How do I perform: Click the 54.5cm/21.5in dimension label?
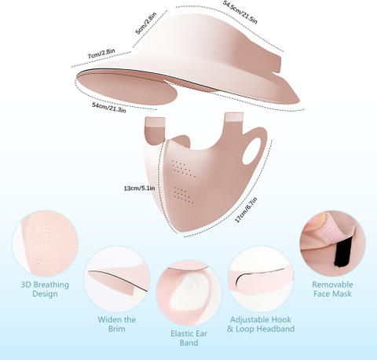[x=240, y=12]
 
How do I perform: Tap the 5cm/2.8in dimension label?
[x=146, y=23]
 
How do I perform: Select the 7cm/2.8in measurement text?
[x=101, y=53]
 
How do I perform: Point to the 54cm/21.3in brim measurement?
[x=109, y=108]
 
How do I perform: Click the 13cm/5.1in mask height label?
[x=139, y=188]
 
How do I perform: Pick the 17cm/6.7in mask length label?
[x=246, y=210]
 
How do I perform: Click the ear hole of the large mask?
[x=251, y=151]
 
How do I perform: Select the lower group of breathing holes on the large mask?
[x=184, y=195]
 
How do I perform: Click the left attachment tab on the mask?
[x=155, y=130]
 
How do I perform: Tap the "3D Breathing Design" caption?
[x=45, y=289]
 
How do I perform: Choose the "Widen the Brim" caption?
[x=117, y=324]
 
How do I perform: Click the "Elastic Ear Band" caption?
[x=188, y=338]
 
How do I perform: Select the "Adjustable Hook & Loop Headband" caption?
[x=261, y=324]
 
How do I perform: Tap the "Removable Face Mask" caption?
[x=332, y=289]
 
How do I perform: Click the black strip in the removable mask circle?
[x=342, y=255]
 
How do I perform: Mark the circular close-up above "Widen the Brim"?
[x=117, y=278]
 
